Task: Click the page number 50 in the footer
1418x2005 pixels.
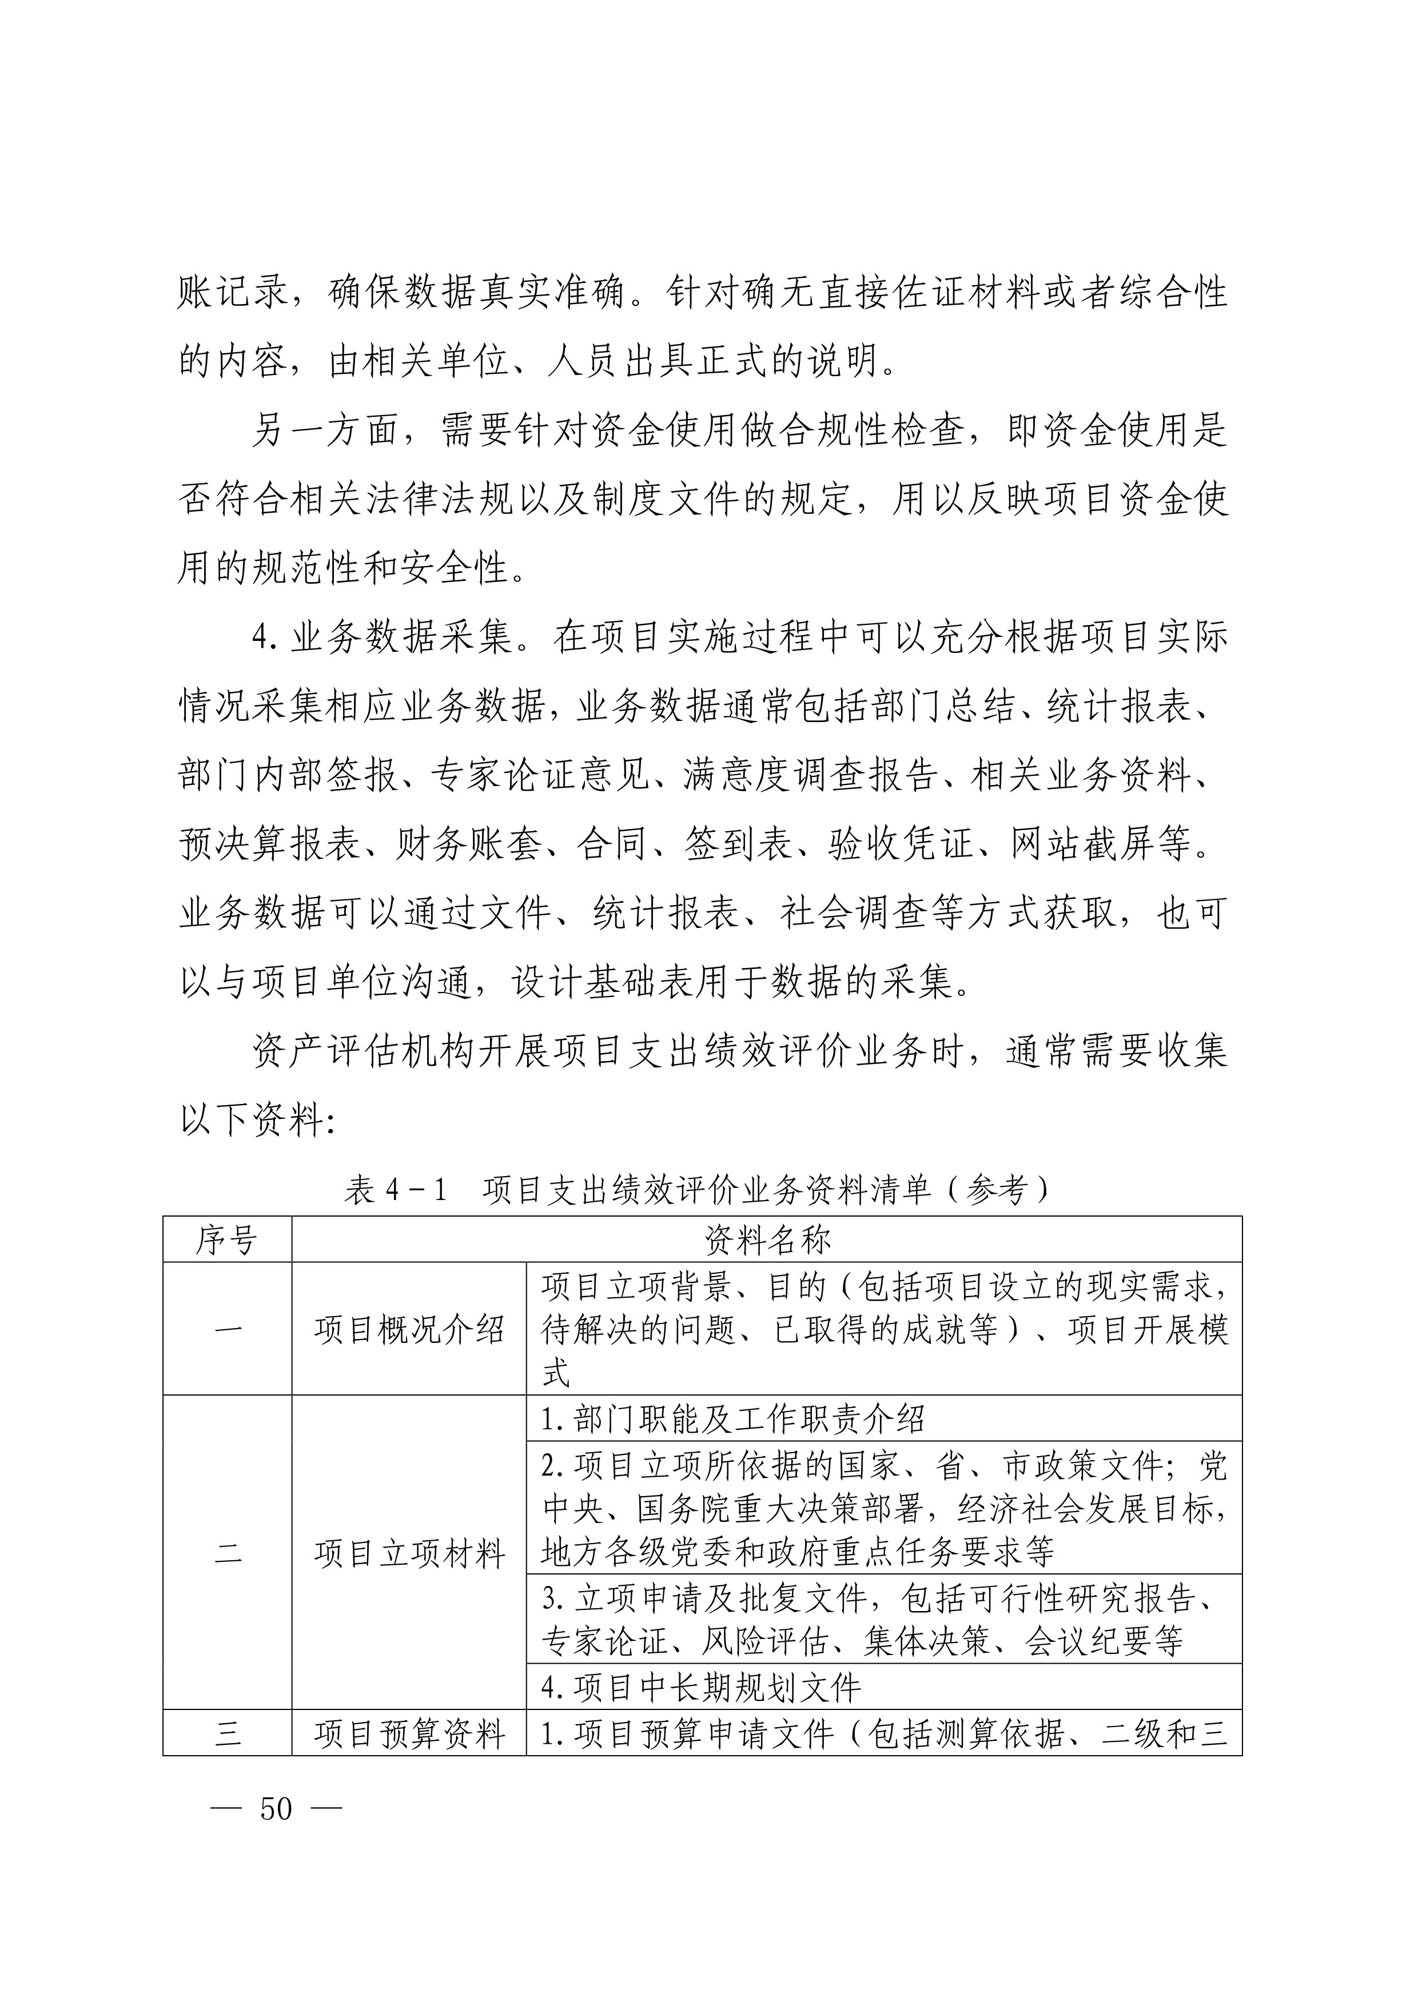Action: point(276,1808)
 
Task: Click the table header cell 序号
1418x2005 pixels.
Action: point(227,1239)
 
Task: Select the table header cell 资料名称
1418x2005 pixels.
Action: point(767,1239)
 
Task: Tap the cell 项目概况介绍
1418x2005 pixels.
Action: point(409,1330)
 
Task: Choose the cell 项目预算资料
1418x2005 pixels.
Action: point(409,1733)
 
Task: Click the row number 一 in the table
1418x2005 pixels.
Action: point(227,1330)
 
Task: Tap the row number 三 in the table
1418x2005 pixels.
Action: point(227,1733)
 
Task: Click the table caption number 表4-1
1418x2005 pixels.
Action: point(395,1189)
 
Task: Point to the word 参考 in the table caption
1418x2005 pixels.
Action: point(994,1189)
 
